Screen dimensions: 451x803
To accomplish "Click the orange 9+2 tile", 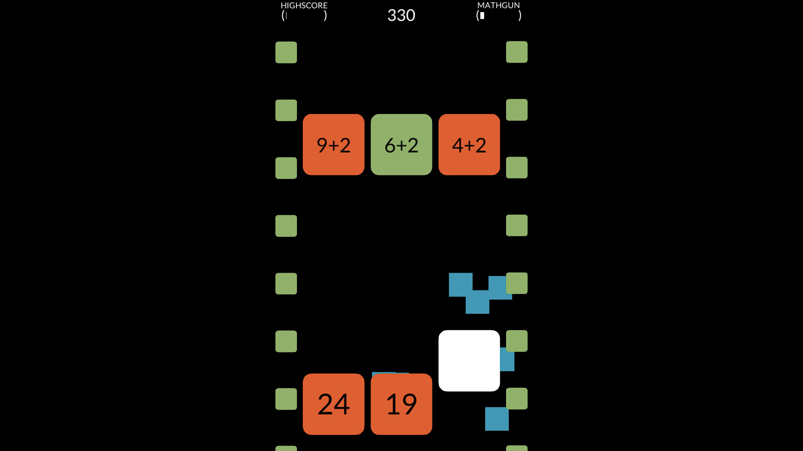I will (333, 144).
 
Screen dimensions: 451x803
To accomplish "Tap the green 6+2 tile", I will (401, 144).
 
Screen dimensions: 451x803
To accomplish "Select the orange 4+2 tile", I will (469, 144).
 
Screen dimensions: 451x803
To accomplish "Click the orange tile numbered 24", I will (333, 404).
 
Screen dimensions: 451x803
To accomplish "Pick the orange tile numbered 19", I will (401, 404).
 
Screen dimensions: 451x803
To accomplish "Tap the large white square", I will (469, 360).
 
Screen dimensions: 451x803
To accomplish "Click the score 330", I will (401, 15).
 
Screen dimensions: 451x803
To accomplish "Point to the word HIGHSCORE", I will (304, 5).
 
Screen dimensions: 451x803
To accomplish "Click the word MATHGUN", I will (499, 5).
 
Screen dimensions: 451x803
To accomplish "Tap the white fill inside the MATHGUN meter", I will (482, 15).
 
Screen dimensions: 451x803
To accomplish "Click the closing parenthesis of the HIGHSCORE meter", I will (325, 15).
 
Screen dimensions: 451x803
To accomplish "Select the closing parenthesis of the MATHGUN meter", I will (520, 15).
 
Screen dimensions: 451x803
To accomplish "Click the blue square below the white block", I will (496, 419).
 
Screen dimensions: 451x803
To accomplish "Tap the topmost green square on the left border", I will (286, 52).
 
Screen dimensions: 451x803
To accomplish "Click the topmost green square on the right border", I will (517, 52).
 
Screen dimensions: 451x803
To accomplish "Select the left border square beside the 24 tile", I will (286, 399).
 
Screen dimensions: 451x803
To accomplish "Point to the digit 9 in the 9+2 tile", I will (322, 145).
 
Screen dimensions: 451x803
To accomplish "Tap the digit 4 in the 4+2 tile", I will (458, 145).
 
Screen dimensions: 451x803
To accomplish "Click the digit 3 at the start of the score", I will (392, 15).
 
